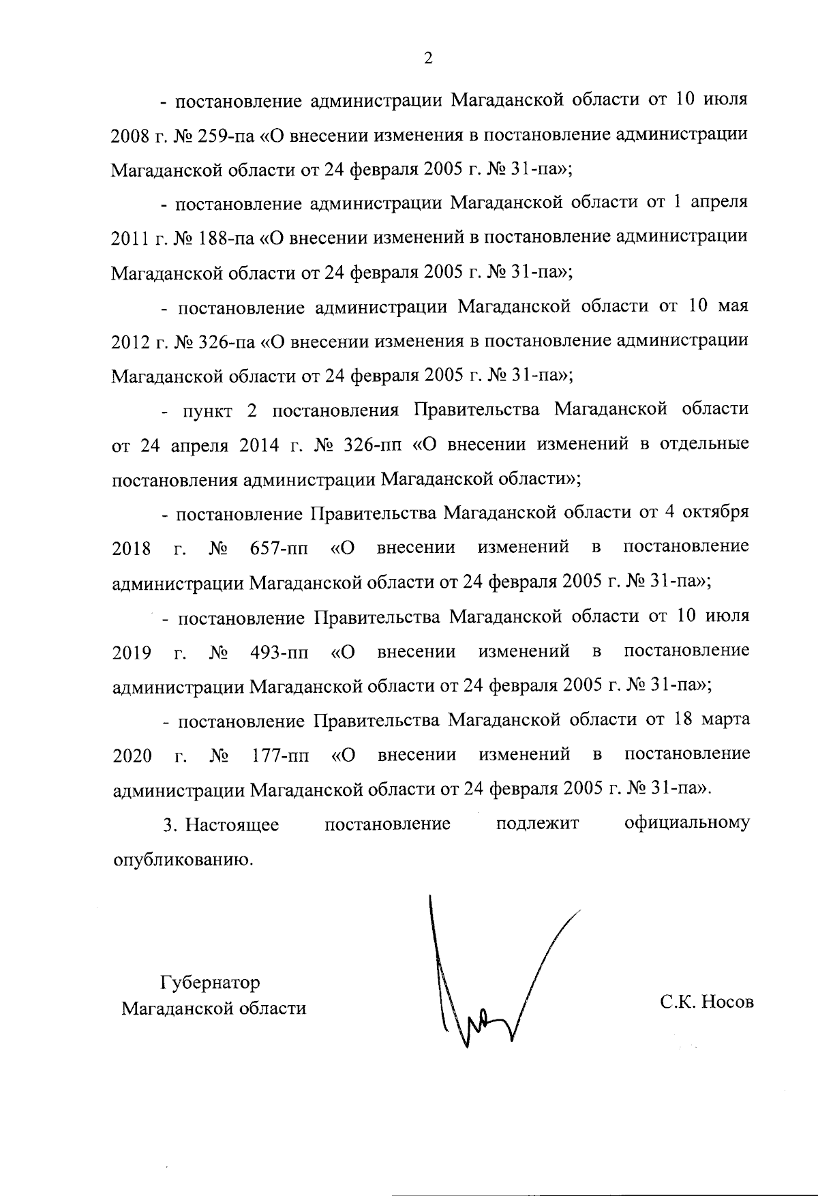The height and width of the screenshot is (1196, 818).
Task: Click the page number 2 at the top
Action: (428, 59)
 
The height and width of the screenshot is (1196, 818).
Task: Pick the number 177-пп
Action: (279, 756)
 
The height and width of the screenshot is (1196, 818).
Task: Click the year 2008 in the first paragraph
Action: (130, 135)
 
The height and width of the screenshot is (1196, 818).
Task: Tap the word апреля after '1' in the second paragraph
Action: (720, 203)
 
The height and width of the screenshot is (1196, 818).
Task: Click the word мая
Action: (733, 306)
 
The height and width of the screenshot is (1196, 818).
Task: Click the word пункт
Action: (207, 410)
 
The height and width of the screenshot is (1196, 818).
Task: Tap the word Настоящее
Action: (233, 824)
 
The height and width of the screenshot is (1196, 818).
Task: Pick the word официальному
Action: (686, 823)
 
